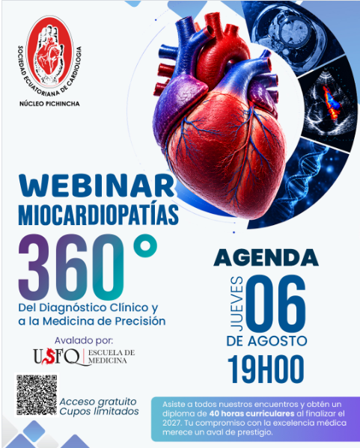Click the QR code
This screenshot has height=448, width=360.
tap(37, 395)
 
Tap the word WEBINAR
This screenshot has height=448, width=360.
tap(97, 186)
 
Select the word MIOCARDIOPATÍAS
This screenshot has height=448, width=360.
tap(98, 215)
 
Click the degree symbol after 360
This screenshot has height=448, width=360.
tap(145, 246)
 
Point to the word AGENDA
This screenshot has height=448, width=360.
tap(266, 258)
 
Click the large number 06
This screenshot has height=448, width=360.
tap(276, 304)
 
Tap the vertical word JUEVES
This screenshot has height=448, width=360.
tap(237, 304)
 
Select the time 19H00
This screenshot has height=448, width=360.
tap(266, 369)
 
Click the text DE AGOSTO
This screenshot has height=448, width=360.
tap(266, 341)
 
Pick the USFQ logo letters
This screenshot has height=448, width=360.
tap(57, 357)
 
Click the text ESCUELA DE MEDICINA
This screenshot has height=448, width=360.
tap(112, 357)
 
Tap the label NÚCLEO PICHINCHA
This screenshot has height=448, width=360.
tap(49, 104)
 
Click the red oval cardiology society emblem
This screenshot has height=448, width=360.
tap(50, 52)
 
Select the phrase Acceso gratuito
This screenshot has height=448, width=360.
tap(98, 402)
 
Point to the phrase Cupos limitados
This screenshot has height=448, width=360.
tap(100, 411)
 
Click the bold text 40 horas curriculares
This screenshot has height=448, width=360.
tap(251, 414)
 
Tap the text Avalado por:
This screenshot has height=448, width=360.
tap(84, 340)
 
